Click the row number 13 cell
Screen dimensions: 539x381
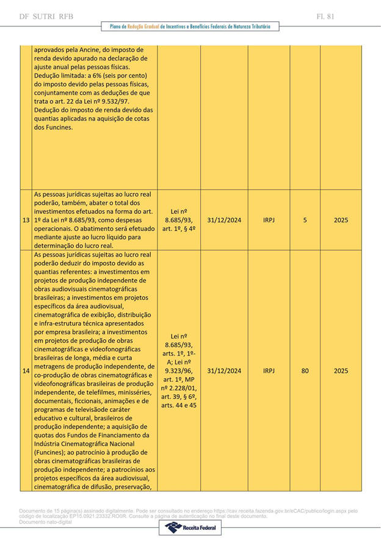pos(26,220)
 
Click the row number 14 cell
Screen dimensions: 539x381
pos(26,371)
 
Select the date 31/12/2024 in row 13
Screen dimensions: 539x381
pos(224,220)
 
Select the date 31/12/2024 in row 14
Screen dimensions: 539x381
pos(224,371)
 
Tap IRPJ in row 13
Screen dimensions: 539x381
pos(269,220)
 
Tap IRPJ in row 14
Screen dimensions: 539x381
pos(269,371)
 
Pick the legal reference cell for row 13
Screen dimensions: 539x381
pos(179,220)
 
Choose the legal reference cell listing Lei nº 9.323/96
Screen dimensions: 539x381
pos(179,371)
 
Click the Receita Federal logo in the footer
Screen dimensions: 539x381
pos(190,527)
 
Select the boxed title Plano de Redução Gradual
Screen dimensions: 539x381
pos(190,27)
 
